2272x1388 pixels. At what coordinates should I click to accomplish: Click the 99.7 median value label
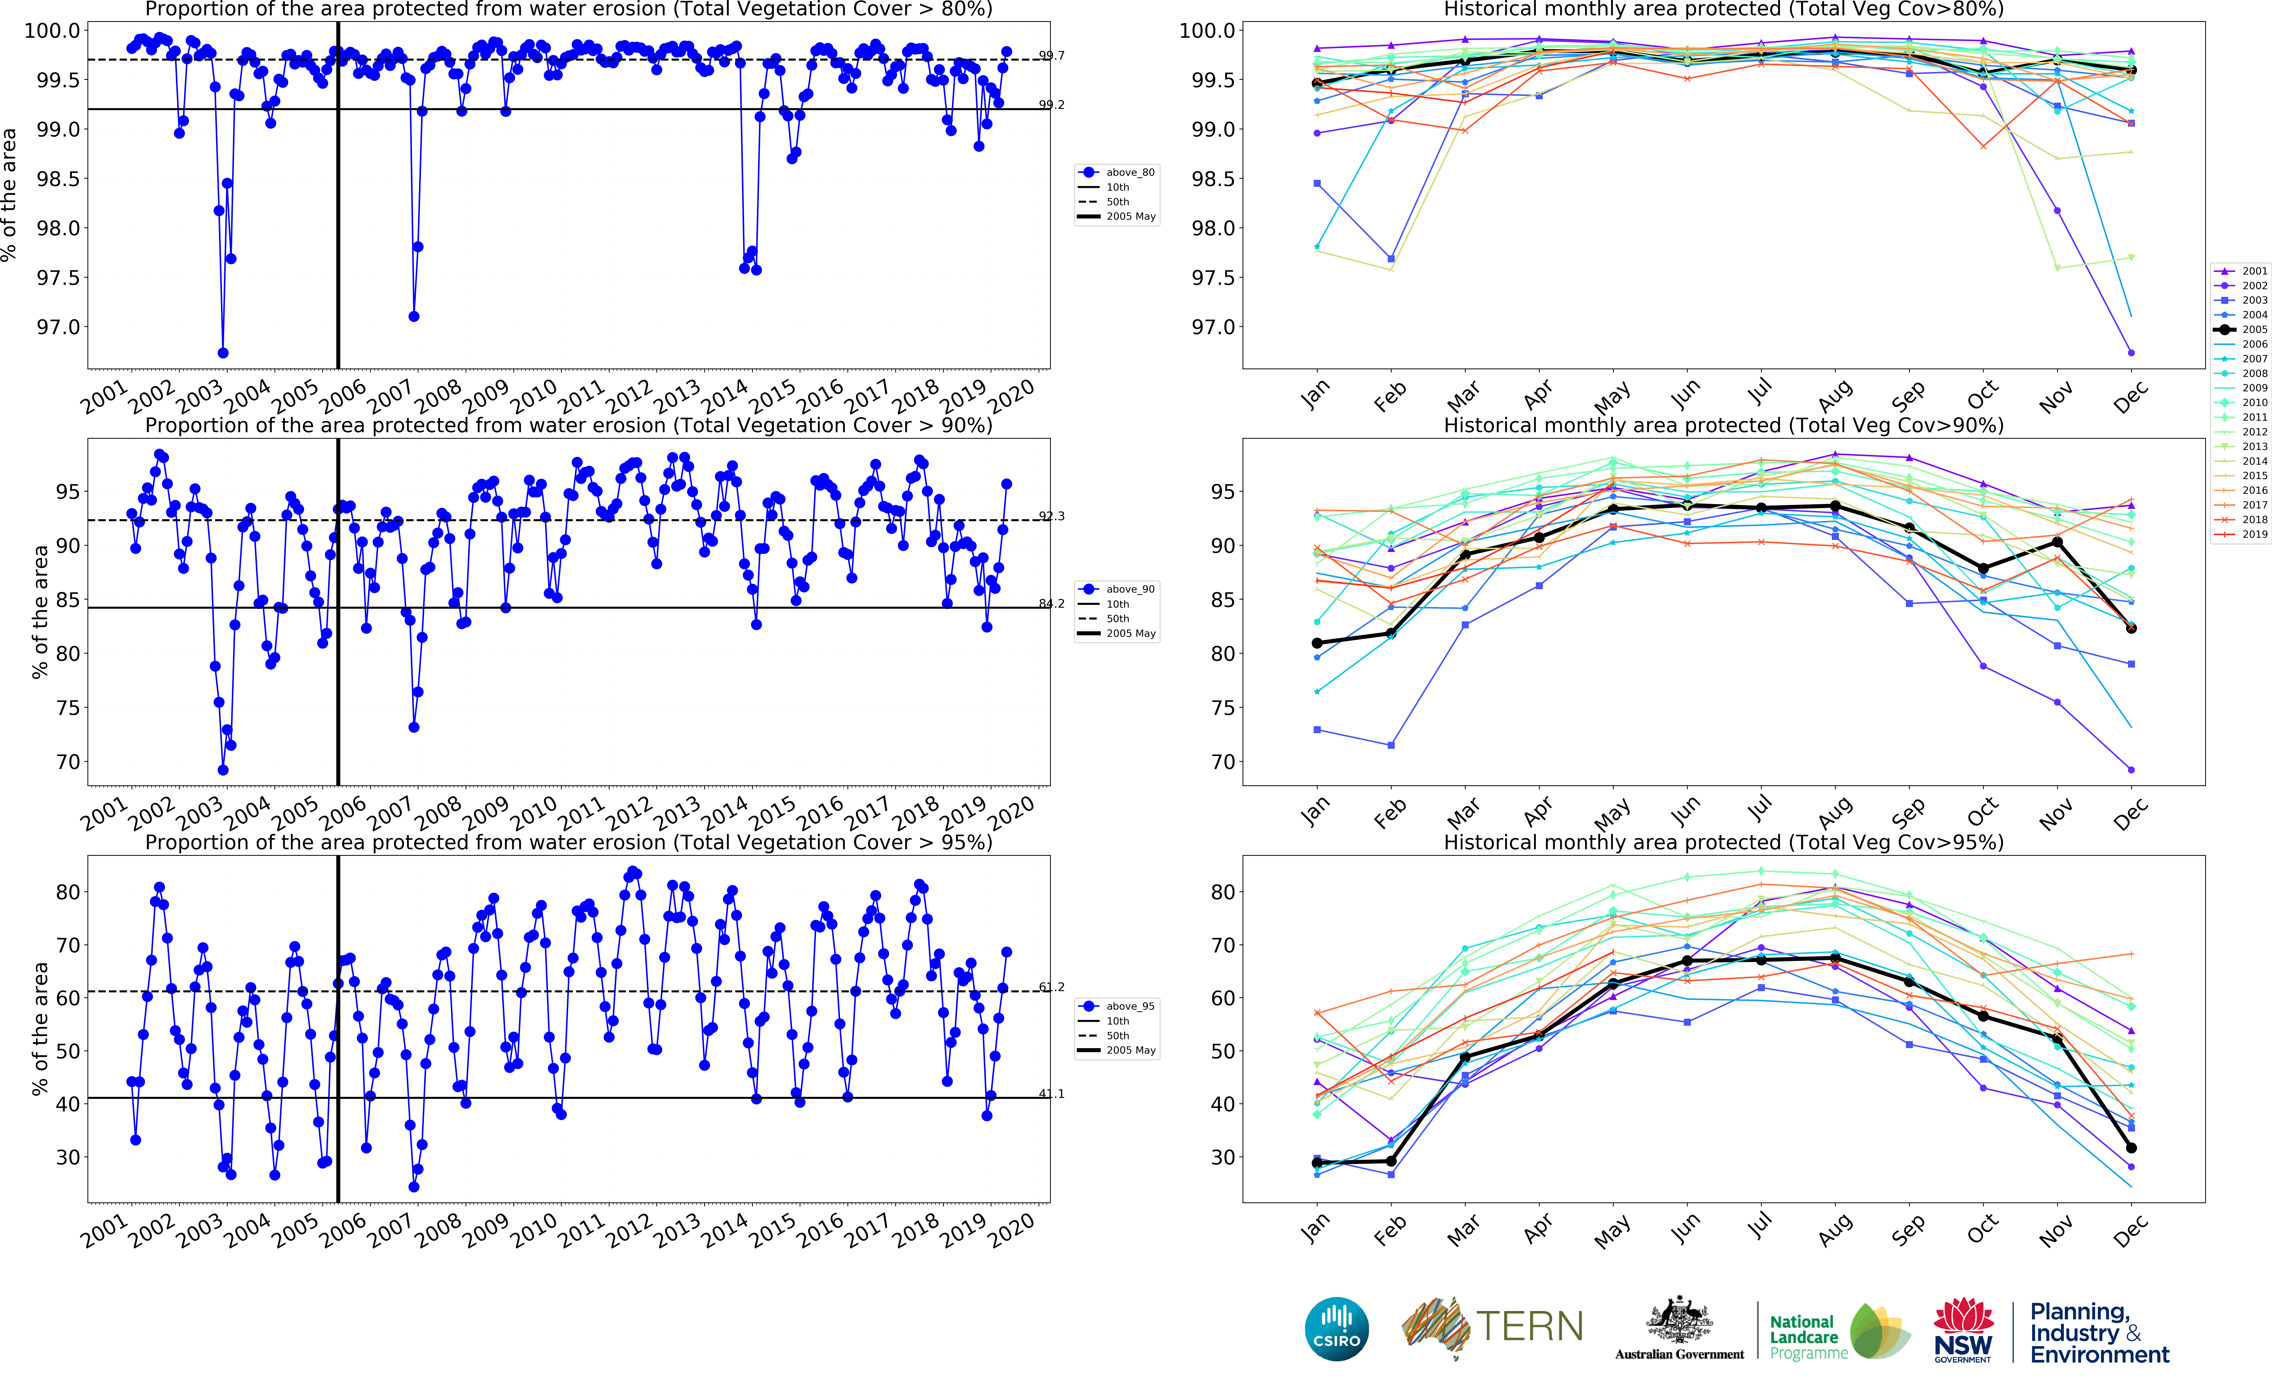(1051, 55)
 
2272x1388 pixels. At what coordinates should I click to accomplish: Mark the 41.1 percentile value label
(1051, 1094)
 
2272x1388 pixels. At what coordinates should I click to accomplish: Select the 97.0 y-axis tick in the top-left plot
(58, 327)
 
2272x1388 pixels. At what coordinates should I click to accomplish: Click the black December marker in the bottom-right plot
(2131, 1148)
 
